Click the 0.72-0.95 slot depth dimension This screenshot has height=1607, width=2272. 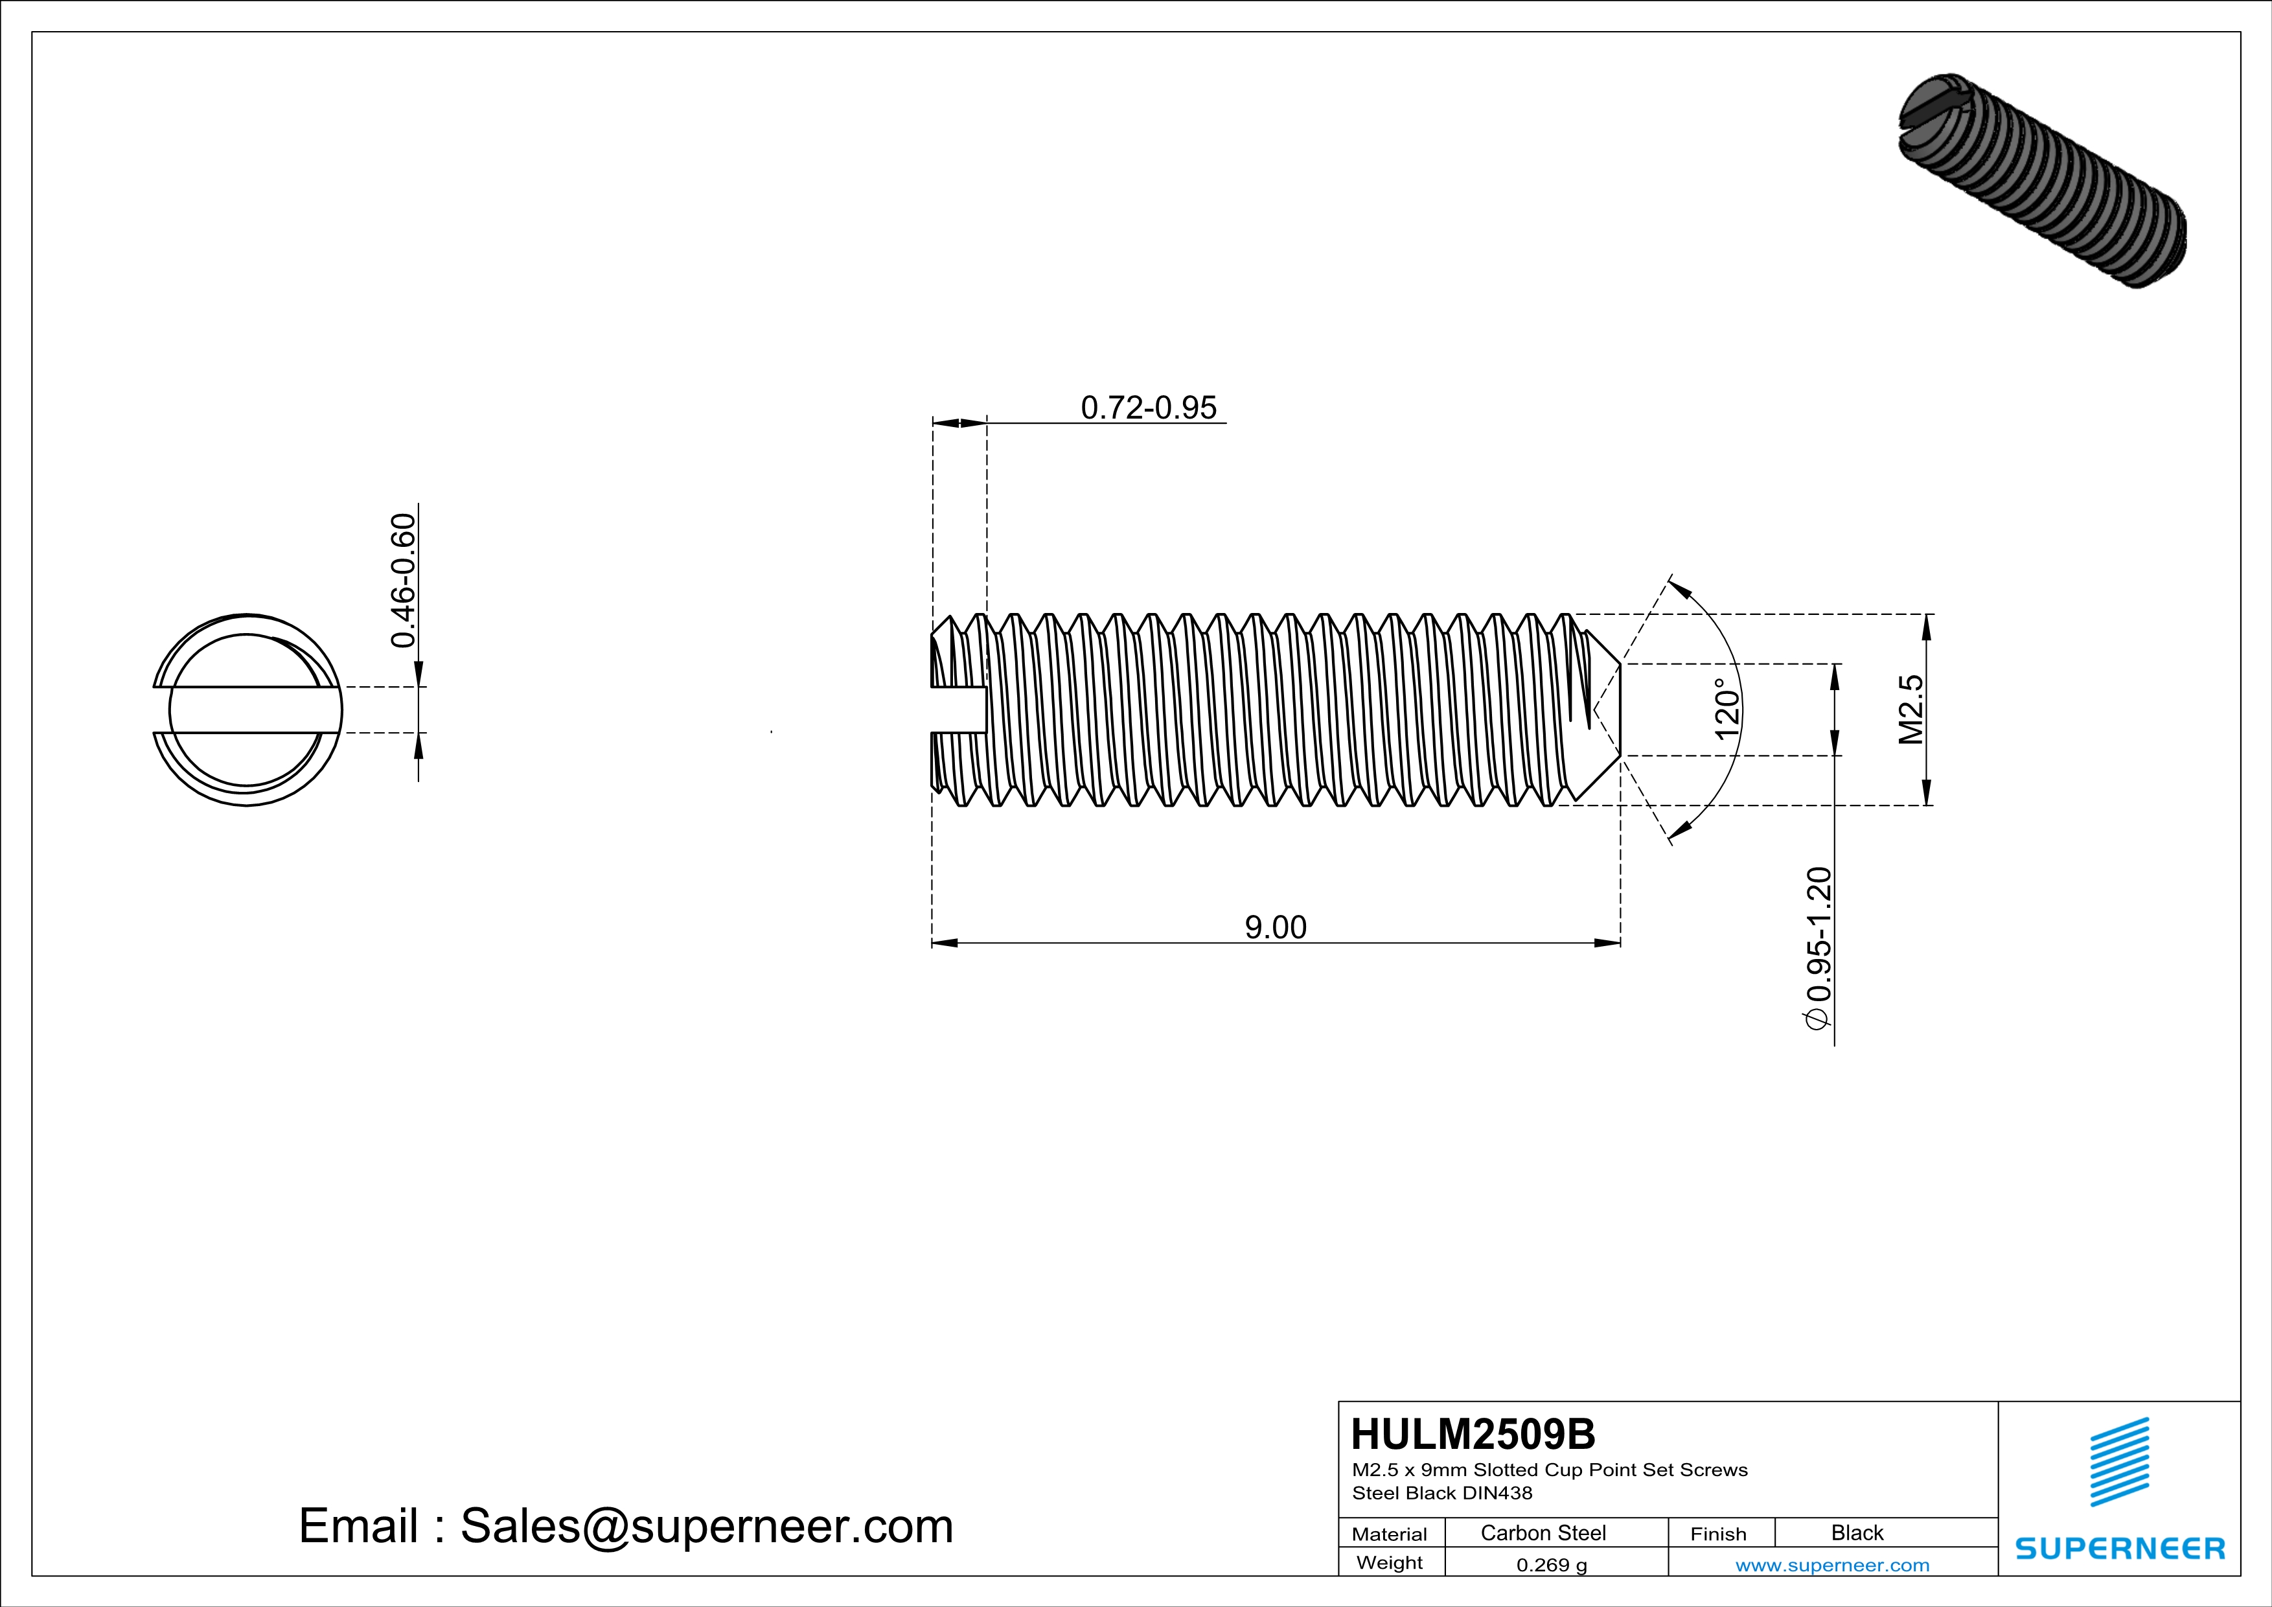(1148, 408)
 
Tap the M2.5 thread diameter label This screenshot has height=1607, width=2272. (1911, 710)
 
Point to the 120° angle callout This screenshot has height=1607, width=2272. (1726, 710)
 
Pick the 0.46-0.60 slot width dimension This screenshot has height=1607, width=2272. (404, 581)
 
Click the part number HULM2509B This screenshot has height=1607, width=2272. (1473, 1434)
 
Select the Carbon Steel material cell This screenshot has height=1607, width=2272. (1543, 1532)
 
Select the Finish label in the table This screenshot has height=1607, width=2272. (1718, 1534)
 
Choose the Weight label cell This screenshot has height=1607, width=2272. (1390, 1562)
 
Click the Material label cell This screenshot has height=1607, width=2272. (1390, 1534)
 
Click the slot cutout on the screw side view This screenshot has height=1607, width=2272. (958, 710)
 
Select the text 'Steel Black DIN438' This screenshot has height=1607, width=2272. (1441, 1493)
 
